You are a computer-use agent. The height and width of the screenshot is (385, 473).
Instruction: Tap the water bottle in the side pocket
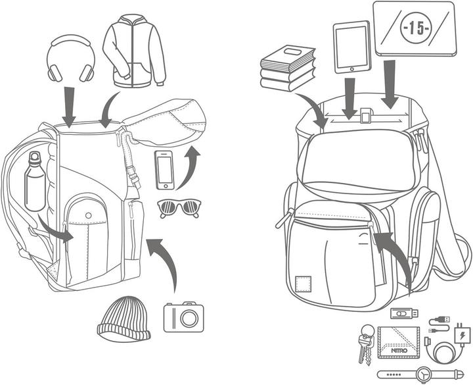[x=36, y=184]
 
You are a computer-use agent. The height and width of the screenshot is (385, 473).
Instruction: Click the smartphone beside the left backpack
[x=164, y=169]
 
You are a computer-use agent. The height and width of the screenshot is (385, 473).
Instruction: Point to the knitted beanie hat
[x=121, y=319]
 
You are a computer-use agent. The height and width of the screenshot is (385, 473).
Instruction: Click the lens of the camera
[x=189, y=318]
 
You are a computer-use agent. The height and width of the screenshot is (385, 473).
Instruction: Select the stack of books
[x=288, y=68]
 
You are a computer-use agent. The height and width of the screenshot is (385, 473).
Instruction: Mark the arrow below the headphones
[x=68, y=105]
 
